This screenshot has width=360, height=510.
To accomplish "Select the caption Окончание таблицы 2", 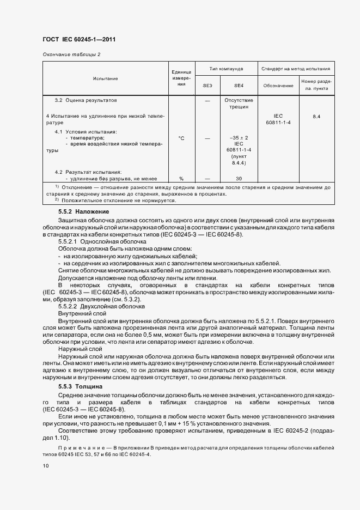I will click(71, 54).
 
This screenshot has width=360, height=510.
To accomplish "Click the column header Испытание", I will click(105, 78).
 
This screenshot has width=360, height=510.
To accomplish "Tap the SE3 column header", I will click(207, 86).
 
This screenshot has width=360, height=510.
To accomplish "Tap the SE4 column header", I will click(239, 86).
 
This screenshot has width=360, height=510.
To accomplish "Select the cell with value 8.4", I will click(316, 117).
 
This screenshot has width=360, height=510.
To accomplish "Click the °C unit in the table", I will click(181, 138).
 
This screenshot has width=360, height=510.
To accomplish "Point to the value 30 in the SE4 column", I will click(239, 178).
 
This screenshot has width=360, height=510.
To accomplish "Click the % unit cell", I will click(181, 178).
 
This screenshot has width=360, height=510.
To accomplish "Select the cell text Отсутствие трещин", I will click(239, 104).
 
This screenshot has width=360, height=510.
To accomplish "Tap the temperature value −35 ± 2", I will click(239, 138).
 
